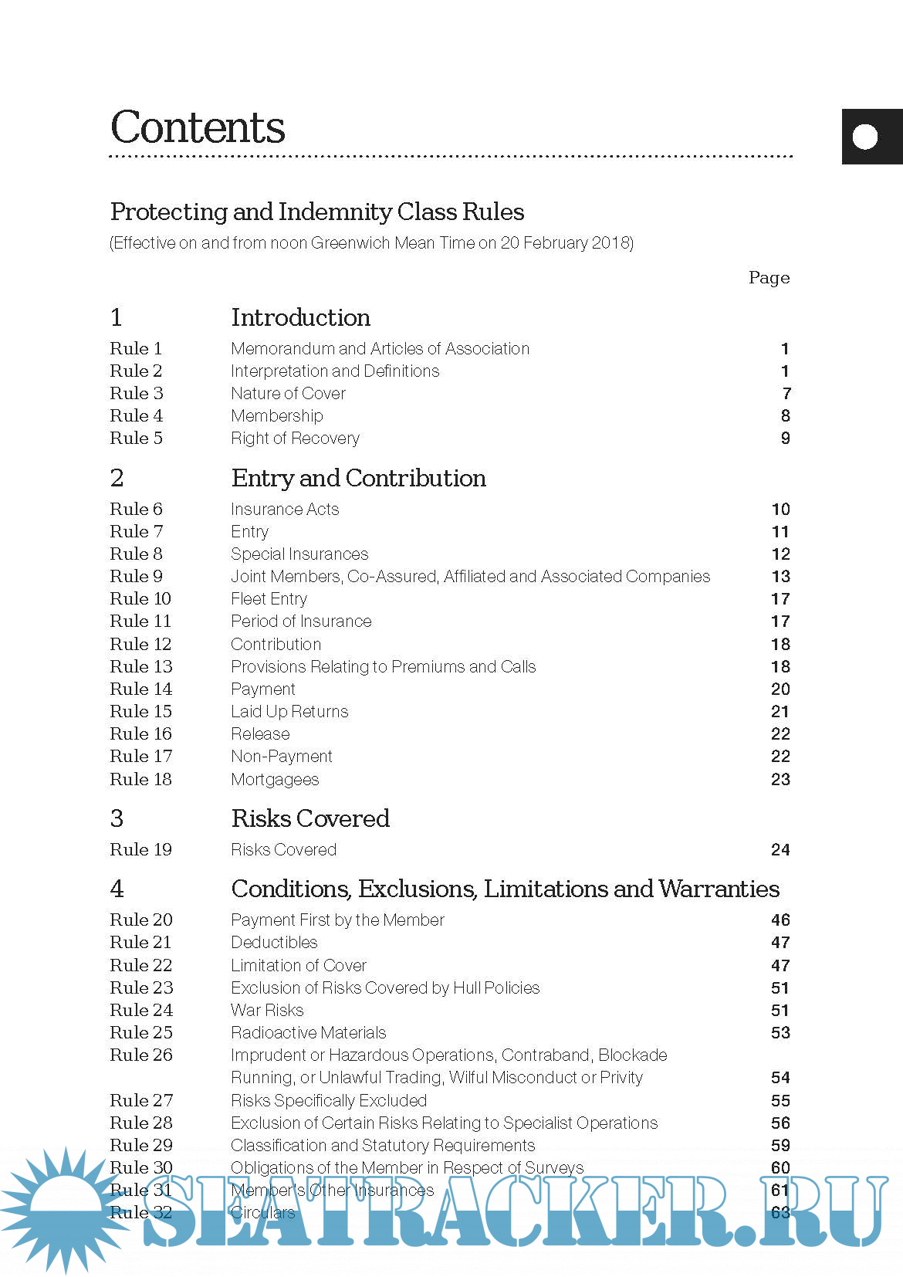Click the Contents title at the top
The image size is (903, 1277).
tap(198, 127)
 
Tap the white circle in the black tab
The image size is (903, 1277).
tap(865, 137)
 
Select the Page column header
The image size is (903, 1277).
tap(769, 277)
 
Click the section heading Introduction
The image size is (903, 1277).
tap(300, 317)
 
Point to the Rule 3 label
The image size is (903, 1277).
tap(137, 393)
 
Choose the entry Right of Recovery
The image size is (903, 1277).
tap(295, 438)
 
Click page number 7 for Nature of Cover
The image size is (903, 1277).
tap(786, 393)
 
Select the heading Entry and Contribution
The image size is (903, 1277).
tap(358, 478)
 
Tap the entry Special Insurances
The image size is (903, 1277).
tap(299, 554)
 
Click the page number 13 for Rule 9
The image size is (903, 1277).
tap(780, 576)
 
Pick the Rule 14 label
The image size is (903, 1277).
tap(140, 689)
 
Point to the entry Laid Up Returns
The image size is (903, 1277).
tap(289, 711)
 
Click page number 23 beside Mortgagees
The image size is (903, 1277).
tap(780, 779)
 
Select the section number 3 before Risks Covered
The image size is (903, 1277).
tap(117, 818)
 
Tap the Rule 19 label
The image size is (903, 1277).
tap(140, 849)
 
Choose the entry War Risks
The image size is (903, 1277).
tap(267, 1010)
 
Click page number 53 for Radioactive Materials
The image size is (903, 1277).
tap(780, 1032)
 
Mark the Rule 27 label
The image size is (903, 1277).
tap(140, 1100)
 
